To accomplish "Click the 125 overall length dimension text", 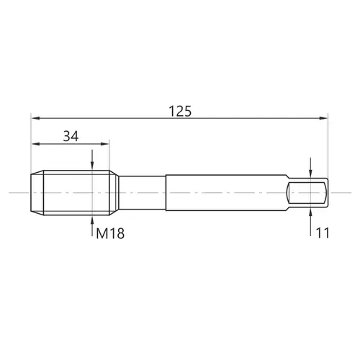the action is [x=180, y=111].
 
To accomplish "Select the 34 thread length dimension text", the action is [x=71, y=136].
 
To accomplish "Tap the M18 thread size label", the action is [x=110, y=233].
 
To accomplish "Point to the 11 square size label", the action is [x=323, y=233].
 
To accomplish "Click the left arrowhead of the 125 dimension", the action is [x=35, y=118].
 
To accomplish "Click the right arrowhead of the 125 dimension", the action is [x=323, y=118].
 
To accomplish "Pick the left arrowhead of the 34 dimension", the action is [x=35, y=144].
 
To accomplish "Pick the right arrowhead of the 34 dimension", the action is [x=105, y=144].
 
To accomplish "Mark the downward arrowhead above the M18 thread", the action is [x=92, y=166].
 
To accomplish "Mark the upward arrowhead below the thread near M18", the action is [x=92, y=220].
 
